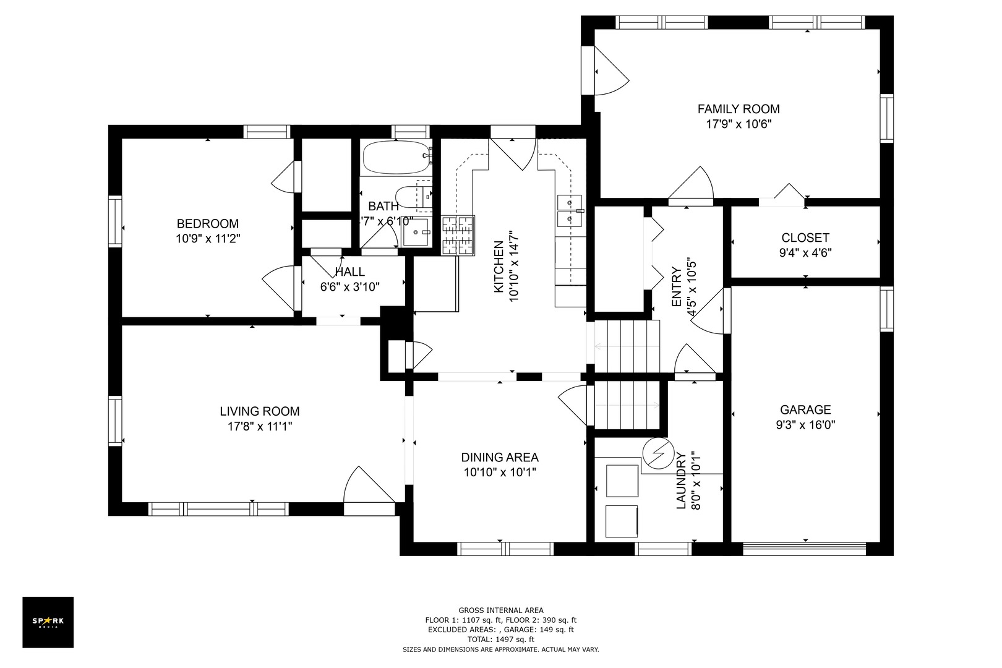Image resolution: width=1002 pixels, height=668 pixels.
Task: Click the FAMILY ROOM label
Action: (739, 109)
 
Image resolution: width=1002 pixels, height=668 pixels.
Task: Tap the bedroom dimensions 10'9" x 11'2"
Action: (208, 239)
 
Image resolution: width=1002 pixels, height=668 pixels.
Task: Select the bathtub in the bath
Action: (397, 157)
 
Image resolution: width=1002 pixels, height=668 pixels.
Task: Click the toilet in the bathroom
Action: (414, 197)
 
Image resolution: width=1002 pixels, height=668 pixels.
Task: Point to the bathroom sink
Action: (416, 232)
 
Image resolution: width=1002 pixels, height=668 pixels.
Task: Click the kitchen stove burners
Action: (458, 235)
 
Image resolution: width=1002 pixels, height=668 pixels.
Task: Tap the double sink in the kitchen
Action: (570, 211)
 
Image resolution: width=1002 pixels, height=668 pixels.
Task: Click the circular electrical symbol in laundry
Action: (658, 453)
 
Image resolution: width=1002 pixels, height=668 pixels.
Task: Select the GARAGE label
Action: (805, 409)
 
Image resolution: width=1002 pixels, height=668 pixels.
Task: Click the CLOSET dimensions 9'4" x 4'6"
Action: (805, 253)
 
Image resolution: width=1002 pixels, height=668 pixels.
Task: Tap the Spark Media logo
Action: (48, 622)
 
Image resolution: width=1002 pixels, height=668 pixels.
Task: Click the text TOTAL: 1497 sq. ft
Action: (500, 640)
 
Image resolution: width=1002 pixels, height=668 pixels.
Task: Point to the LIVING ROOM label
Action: (259, 411)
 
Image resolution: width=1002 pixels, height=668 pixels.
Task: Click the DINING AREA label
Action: (500, 457)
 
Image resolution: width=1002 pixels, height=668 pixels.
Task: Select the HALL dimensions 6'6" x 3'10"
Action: (350, 287)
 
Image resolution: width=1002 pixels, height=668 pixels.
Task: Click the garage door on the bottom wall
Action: (804, 549)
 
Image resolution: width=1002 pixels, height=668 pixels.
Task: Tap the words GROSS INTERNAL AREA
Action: (500, 610)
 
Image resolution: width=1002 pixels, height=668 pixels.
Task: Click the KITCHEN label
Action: (499, 267)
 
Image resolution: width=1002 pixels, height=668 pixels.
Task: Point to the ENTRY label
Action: (677, 287)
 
